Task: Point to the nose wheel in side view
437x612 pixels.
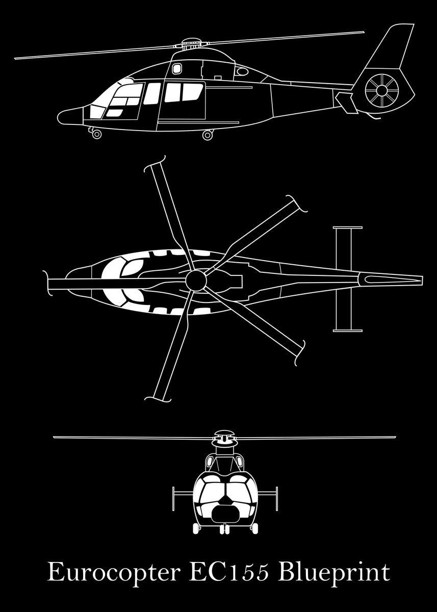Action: click(96, 134)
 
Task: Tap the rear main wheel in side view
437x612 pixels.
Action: click(207, 135)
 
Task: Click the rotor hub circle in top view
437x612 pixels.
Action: click(195, 279)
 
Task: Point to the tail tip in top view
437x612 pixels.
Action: click(421, 279)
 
